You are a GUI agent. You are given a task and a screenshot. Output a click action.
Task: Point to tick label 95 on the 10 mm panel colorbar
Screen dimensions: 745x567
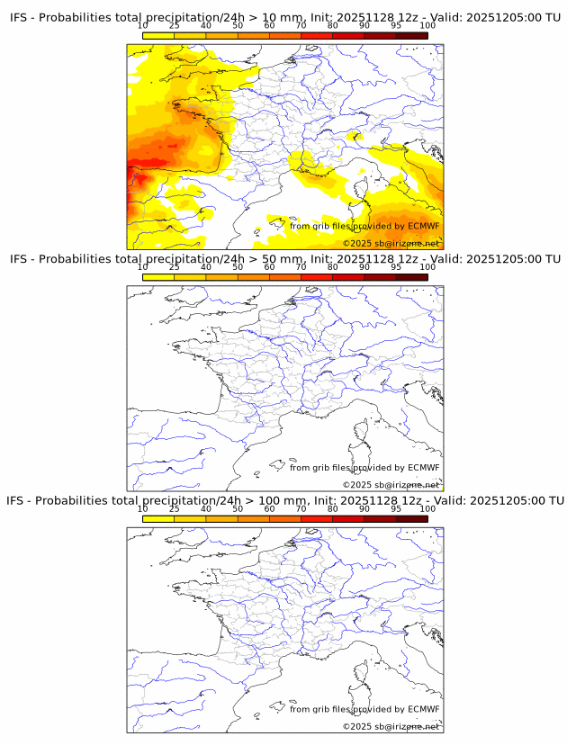point(396,26)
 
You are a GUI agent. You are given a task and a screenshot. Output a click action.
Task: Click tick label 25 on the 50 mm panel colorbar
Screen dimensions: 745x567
point(175,267)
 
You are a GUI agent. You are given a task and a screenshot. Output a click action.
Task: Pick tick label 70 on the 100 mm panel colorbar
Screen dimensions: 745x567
point(301,509)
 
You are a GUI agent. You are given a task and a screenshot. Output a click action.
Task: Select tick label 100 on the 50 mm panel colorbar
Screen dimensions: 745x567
point(427,267)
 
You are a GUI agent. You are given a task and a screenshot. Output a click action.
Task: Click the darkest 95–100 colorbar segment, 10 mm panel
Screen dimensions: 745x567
point(411,36)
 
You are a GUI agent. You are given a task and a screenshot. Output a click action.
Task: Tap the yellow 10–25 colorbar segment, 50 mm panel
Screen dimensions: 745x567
point(158,277)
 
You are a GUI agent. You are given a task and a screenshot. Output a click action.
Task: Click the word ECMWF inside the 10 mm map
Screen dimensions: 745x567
point(423,226)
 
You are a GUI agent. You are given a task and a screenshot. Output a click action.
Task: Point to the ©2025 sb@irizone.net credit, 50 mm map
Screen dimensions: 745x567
point(391,485)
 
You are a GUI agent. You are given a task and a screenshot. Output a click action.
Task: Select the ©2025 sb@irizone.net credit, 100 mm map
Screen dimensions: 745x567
point(391,726)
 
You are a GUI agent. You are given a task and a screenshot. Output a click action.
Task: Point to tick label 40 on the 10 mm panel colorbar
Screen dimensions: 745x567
point(206,26)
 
